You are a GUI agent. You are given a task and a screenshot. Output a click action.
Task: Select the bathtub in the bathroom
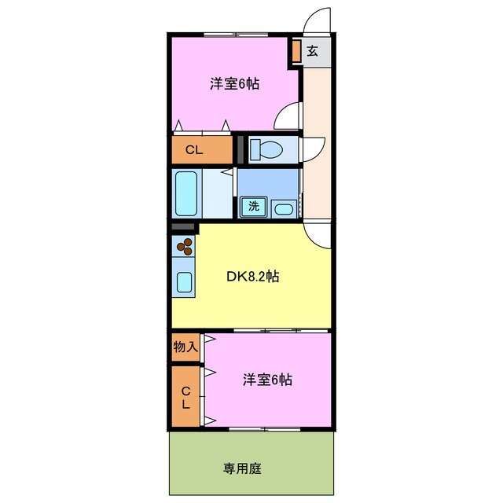pos(187,193)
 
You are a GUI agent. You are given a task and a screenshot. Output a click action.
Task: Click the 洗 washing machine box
pos(254,207)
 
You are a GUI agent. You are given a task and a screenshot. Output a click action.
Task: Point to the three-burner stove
pos(185,249)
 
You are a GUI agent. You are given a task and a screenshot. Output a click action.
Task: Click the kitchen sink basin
pos(185,283)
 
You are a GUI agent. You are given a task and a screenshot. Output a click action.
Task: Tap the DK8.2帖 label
pos(251,276)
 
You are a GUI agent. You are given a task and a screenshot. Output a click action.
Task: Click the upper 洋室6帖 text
pos(234,84)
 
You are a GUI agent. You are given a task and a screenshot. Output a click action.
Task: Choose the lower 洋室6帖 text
pos(267,380)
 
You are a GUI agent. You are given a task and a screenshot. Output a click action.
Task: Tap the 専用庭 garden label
pos(242,468)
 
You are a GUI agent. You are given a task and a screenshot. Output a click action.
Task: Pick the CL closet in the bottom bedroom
pos(185,398)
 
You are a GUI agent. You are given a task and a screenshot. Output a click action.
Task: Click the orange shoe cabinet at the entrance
pos(296,51)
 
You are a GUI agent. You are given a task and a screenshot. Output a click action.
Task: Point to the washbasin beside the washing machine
pos(284,208)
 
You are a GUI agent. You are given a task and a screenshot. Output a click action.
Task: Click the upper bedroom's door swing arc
pos(288,118)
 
